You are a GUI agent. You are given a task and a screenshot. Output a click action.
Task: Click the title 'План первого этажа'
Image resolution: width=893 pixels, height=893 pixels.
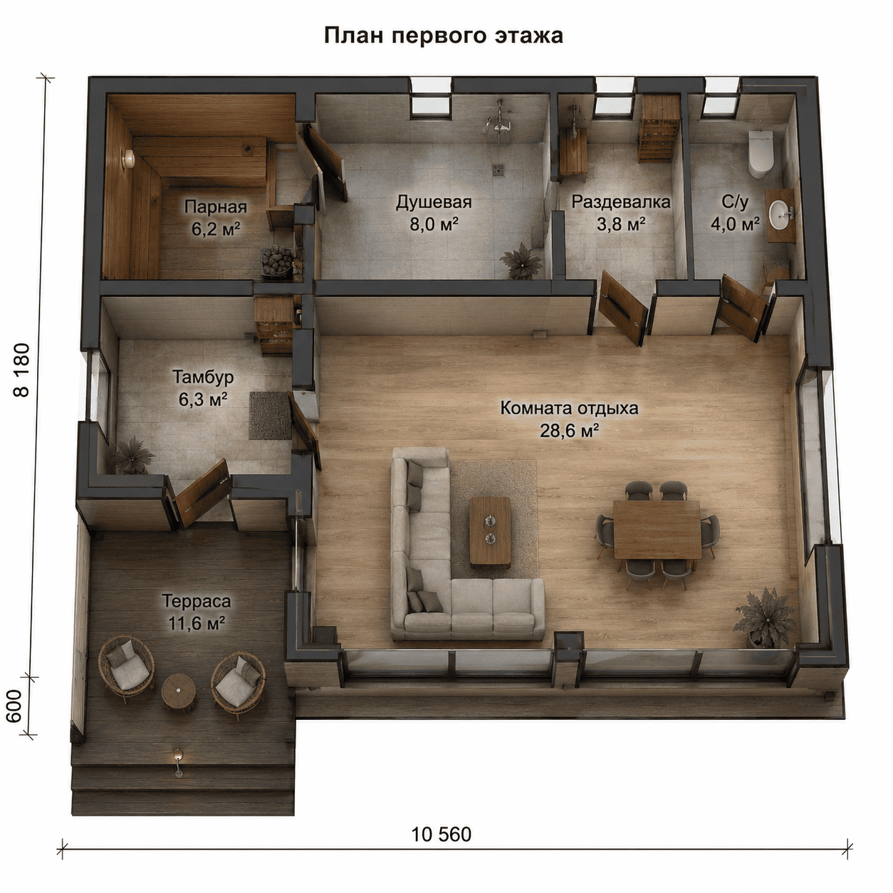click(443, 36)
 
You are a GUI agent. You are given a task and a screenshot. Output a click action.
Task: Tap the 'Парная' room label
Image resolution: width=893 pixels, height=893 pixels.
click(216, 207)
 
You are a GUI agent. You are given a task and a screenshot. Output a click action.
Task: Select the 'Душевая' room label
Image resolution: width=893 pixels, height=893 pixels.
click(434, 202)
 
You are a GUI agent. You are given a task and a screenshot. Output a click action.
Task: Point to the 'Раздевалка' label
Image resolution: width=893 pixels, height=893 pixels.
click(620, 202)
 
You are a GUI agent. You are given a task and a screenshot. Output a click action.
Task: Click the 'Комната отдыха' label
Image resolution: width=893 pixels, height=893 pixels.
click(569, 408)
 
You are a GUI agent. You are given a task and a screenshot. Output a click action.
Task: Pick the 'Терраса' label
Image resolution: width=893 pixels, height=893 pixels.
click(196, 601)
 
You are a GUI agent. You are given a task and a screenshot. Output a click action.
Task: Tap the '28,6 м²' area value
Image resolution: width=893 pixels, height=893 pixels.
click(569, 431)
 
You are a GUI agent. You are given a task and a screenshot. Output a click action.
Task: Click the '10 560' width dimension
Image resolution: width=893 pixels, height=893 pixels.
click(442, 834)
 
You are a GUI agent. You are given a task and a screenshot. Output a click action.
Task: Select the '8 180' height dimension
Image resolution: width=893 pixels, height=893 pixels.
click(22, 370)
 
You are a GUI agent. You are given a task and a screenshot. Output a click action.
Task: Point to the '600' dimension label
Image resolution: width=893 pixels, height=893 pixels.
click(14, 706)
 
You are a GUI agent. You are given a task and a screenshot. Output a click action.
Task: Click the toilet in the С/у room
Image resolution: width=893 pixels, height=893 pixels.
click(761, 153)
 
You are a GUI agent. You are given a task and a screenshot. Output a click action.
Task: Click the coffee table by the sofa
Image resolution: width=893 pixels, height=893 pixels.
click(490, 531)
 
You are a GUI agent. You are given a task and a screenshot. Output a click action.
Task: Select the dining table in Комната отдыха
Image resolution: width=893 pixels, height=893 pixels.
click(657, 529)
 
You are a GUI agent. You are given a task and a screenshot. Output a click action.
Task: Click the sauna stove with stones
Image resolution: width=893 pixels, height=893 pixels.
click(278, 262)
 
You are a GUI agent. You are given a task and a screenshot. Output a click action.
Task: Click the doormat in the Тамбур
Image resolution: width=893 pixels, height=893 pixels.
click(268, 415)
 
